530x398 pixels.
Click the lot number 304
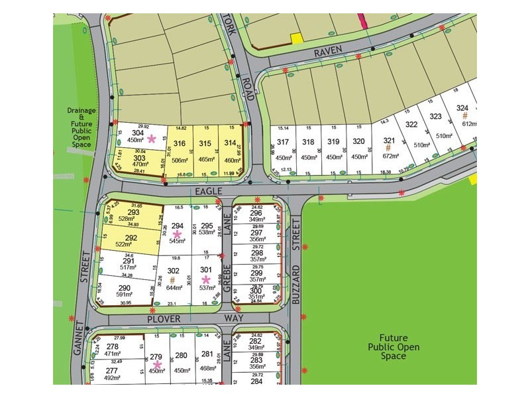click(x=138, y=131)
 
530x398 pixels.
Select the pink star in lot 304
click(x=152, y=139)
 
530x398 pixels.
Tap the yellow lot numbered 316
click(x=179, y=143)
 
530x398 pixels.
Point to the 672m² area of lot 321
click(x=389, y=157)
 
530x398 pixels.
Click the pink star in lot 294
click(x=177, y=234)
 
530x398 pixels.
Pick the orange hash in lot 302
click(x=174, y=280)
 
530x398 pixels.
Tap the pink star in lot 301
click(x=206, y=279)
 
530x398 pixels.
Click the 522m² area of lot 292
click(x=125, y=245)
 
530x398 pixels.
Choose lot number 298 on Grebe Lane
click(x=256, y=253)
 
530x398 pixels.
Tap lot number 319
click(x=333, y=141)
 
